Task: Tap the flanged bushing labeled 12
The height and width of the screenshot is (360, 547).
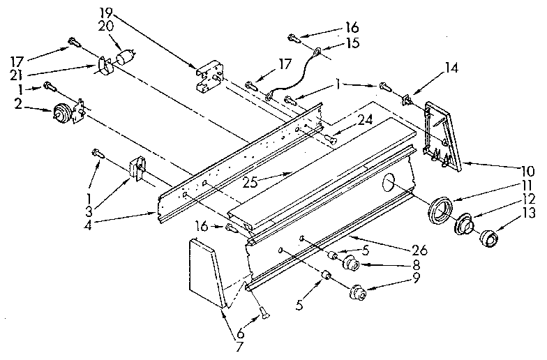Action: point(463,225)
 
